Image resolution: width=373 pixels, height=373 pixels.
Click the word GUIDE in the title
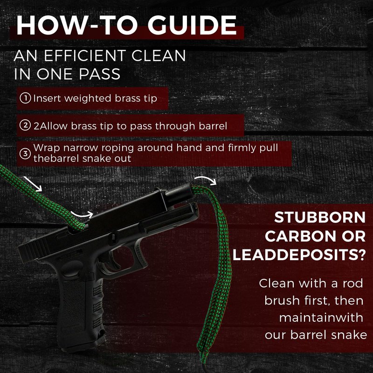click(x=192, y=26)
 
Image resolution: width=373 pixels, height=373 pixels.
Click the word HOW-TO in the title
click(x=77, y=26)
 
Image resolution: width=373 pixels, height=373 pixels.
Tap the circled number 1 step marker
click(x=25, y=98)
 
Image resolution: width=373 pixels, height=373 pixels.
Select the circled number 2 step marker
click(x=25, y=125)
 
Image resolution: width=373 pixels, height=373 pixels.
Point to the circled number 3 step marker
click(x=25, y=153)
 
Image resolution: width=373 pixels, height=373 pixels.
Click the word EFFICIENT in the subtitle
click(x=85, y=56)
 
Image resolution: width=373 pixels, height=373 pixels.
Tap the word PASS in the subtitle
click(x=99, y=74)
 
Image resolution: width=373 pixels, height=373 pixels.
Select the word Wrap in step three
click(x=47, y=148)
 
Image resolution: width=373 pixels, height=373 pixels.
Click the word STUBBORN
click(x=320, y=217)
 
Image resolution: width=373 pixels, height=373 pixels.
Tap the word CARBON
click(x=300, y=236)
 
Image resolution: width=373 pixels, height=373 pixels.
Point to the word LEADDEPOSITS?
click(x=299, y=255)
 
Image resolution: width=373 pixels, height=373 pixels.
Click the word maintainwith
click(x=321, y=318)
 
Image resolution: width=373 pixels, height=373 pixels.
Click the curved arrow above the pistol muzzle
click(x=206, y=179)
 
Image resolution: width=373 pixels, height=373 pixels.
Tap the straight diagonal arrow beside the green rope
click(x=33, y=184)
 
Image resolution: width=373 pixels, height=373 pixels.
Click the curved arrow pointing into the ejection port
click(x=82, y=214)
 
